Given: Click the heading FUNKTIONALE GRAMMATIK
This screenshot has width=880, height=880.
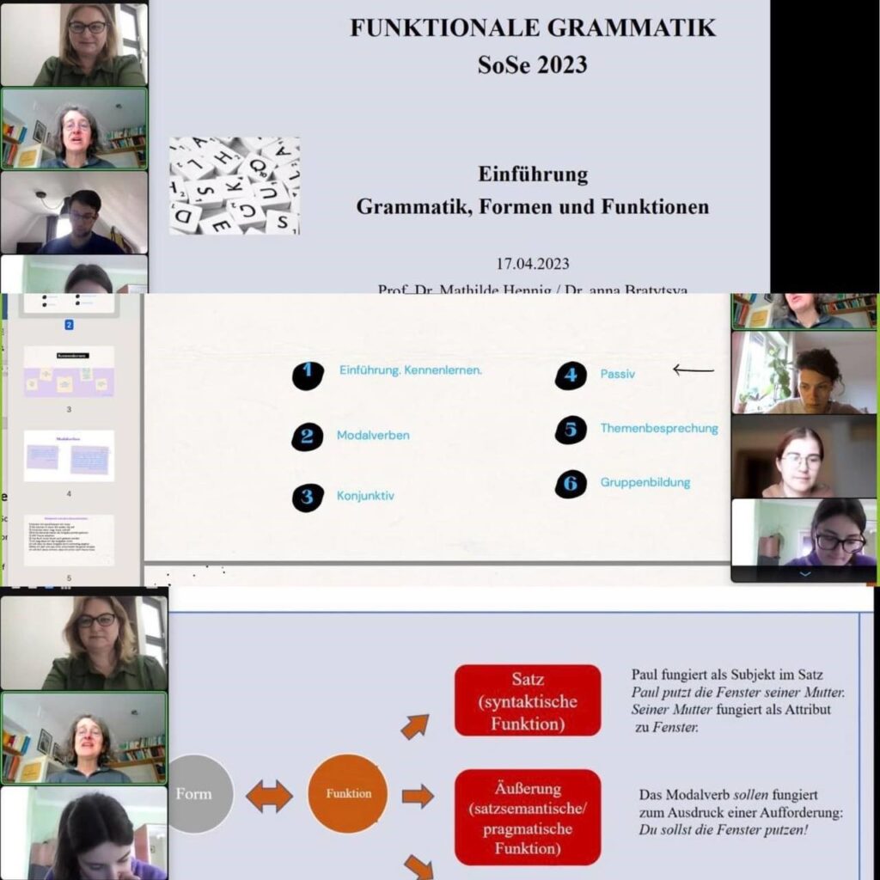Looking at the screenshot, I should [532, 27].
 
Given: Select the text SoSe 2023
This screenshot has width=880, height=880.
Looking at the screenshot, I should [532, 64].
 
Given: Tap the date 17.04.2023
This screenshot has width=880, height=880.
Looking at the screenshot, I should [532, 264].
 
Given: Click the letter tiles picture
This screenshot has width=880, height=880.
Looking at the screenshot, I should [234, 186].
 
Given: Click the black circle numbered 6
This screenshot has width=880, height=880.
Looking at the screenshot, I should [570, 484].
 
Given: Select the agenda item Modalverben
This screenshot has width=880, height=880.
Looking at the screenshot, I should [373, 436].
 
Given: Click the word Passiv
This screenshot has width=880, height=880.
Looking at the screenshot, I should [618, 375].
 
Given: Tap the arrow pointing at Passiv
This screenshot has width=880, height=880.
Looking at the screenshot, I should [694, 370].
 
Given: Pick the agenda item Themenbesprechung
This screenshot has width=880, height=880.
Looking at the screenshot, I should [659, 428].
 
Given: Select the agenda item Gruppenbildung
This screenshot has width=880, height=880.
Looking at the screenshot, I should [645, 483].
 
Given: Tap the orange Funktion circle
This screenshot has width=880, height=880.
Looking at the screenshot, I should [348, 793].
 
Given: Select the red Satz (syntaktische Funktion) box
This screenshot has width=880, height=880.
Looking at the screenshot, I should [528, 700].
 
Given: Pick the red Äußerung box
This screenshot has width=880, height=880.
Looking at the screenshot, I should [528, 816].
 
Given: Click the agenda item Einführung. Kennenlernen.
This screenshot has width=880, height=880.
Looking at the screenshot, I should [411, 370].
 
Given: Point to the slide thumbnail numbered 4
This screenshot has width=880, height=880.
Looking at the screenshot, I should [69, 455].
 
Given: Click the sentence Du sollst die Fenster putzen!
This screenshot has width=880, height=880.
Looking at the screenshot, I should [724, 830].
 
